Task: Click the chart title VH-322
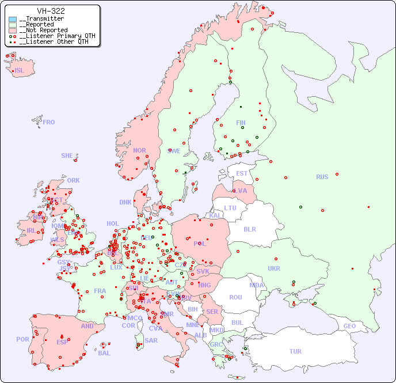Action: tap(51, 11)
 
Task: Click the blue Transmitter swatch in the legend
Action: tap(13, 19)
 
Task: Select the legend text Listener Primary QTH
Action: tap(54, 36)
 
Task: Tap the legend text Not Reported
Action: tap(43, 30)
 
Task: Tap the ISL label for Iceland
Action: tap(20, 71)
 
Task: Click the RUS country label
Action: tap(322, 177)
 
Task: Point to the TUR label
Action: tap(295, 351)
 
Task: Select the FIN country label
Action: tap(241, 123)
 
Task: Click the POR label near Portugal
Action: tap(22, 339)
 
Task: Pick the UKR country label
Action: tap(274, 268)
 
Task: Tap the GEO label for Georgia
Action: tap(349, 326)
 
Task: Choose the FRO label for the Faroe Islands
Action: tap(49, 122)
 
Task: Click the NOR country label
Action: tap(139, 150)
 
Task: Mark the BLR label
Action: tap(249, 229)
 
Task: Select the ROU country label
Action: tap(235, 297)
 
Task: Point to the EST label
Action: tap(242, 173)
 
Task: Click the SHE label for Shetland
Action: tap(67, 156)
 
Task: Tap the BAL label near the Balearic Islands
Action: tap(104, 353)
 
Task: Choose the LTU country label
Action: tap(230, 208)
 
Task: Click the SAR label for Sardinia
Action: tap(151, 340)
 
